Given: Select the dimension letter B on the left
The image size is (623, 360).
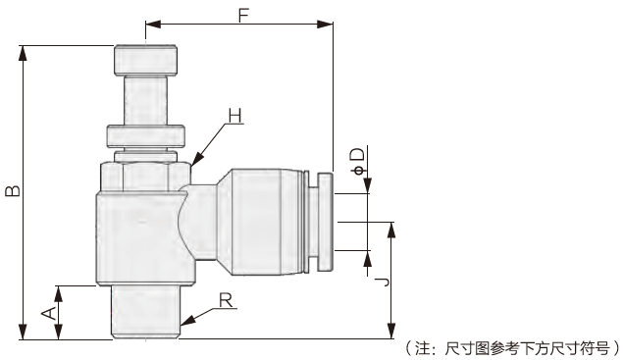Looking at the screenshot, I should (11, 190).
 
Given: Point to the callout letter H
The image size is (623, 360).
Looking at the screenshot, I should (234, 116).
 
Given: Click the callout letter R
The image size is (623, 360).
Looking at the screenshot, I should (226, 300).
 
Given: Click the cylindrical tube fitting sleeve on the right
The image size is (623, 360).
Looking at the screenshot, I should (261, 221).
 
